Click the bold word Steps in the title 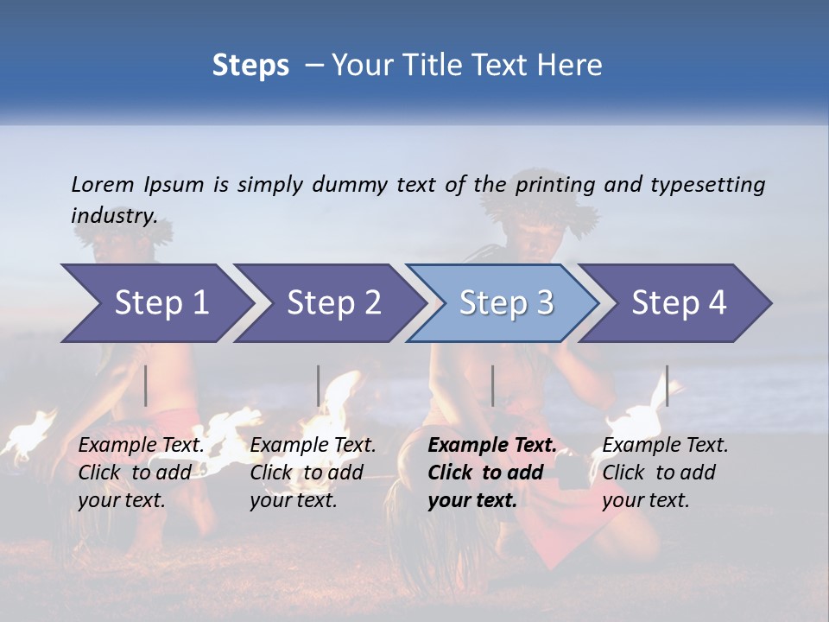(x=250, y=66)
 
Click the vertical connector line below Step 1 (x=146, y=385)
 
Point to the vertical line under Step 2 (x=319, y=385)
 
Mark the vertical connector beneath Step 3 (x=492, y=385)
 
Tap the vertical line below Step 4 (x=667, y=385)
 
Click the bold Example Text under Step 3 (x=492, y=446)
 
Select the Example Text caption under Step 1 (x=142, y=446)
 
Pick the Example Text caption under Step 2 (x=313, y=446)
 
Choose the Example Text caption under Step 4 (x=665, y=446)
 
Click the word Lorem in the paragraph (x=103, y=184)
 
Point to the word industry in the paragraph (x=114, y=215)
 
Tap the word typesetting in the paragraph (x=707, y=184)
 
